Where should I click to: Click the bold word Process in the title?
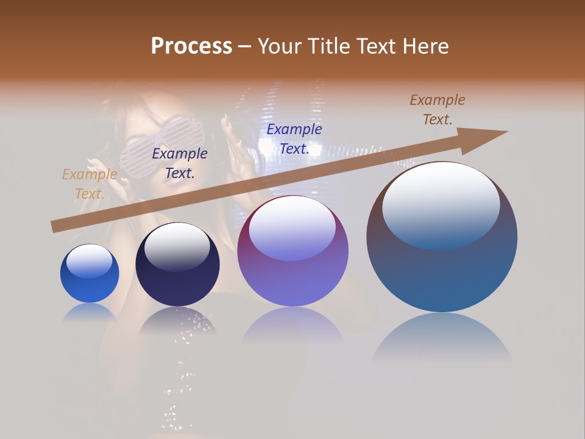point(191,46)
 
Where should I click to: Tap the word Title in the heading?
point(327,46)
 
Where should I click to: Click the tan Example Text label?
point(89,184)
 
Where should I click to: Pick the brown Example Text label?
point(437,110)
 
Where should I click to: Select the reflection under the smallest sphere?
point(90,312)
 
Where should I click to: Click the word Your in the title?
point(278,46)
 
